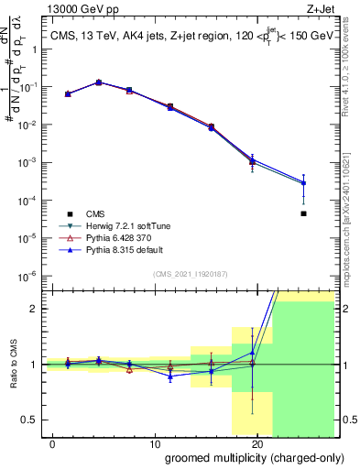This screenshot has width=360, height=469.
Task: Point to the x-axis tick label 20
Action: click(x=256, y=443)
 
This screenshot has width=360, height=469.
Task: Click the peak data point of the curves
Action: click(x=99, y=82)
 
